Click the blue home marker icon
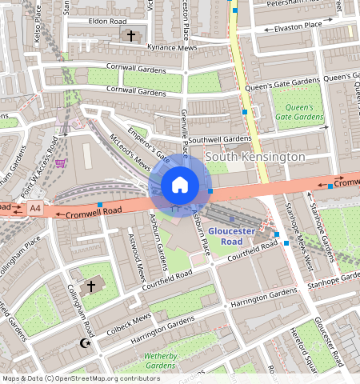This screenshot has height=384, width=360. point(180,186)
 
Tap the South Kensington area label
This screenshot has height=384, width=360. point(255,157)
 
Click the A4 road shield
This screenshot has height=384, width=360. point(34,209)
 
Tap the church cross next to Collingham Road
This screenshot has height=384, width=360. point(91,286)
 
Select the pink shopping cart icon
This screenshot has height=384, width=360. point(61,163)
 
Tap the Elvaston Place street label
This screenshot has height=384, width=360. point(298,26)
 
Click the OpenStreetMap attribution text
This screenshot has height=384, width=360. point(81,378)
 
